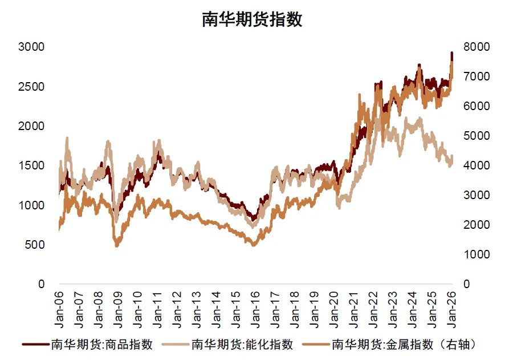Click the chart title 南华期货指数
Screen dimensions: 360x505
(252, 19)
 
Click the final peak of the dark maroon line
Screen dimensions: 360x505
(451, 53)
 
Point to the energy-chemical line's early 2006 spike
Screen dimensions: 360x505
(67, 137)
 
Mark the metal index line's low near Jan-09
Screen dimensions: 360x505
(117, 245)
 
